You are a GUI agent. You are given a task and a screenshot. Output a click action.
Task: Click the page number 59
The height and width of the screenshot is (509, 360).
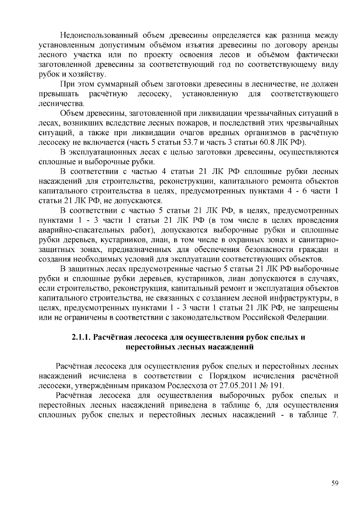coord(335,483)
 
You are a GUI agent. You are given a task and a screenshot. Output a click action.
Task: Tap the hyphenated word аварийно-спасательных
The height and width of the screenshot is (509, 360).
coord(96,230)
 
